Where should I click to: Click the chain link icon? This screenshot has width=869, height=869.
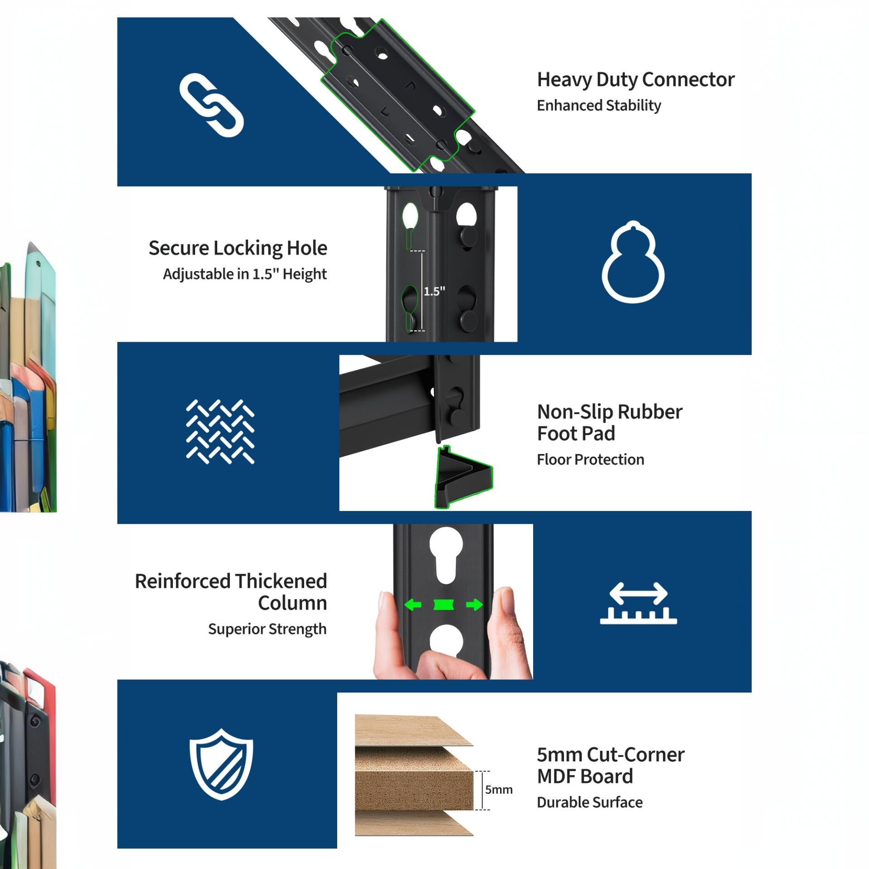click(x=212, y=105)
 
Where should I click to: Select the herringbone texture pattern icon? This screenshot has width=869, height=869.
click(x=220, y=432)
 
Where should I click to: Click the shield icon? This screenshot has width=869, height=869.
click(x=221, y=764)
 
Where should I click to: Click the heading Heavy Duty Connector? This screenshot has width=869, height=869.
click(x=635, y=80)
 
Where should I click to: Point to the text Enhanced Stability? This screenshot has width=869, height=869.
click(x=599, y=105)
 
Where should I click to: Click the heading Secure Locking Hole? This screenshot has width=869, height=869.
click(x=238, y=248)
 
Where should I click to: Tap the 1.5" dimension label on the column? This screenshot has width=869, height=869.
click(x=434, y=291)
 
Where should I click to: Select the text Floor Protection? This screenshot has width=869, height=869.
click(x=590, y=460)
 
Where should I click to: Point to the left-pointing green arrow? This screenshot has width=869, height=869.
click(x=413, y=605)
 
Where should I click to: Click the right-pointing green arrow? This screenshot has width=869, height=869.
click(x=474, y=605)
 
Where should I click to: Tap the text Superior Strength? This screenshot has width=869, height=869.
click(x=267, y=629)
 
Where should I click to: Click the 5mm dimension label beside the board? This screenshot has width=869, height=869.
click(x=499, y=790)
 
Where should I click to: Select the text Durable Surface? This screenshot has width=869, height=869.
click(x=590, y=802)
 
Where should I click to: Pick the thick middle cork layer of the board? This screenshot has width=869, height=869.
click(x=414, y=790)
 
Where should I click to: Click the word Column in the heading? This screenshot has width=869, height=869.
click(x=292, y=603)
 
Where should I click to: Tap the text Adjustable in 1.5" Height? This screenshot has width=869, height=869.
click(x=245, y=274)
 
